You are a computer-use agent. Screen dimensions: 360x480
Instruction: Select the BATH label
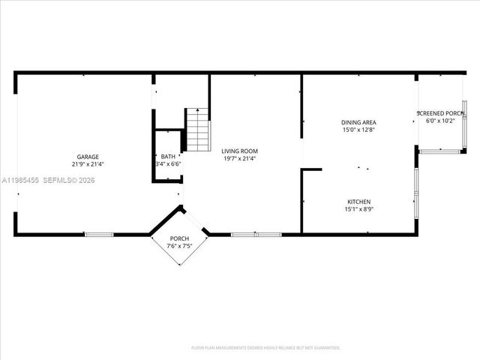tap(168, 157)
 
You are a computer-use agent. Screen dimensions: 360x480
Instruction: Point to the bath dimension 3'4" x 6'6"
tap(168, 164)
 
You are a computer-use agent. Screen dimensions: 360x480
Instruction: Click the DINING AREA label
tap(358, 122)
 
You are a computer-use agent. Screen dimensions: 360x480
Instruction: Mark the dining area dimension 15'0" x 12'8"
tap(358, 130)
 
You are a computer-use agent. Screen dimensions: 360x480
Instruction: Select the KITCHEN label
tap(358, 202)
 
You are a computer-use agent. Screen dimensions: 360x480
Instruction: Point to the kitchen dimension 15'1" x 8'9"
tap(358, 209)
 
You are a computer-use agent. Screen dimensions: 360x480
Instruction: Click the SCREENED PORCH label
tap(440, 113)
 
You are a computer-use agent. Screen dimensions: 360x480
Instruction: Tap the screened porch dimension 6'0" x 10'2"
tap(440, 121)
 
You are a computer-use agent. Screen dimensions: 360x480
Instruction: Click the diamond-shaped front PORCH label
tap(179, 238)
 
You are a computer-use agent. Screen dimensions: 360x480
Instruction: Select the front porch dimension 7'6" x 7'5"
tap(179, 244)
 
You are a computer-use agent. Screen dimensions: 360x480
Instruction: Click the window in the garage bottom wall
tap(98, 235)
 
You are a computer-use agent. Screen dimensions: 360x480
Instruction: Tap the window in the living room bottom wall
tap(256, 235)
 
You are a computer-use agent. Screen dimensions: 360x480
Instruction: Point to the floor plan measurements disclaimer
tap(265, 348)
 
